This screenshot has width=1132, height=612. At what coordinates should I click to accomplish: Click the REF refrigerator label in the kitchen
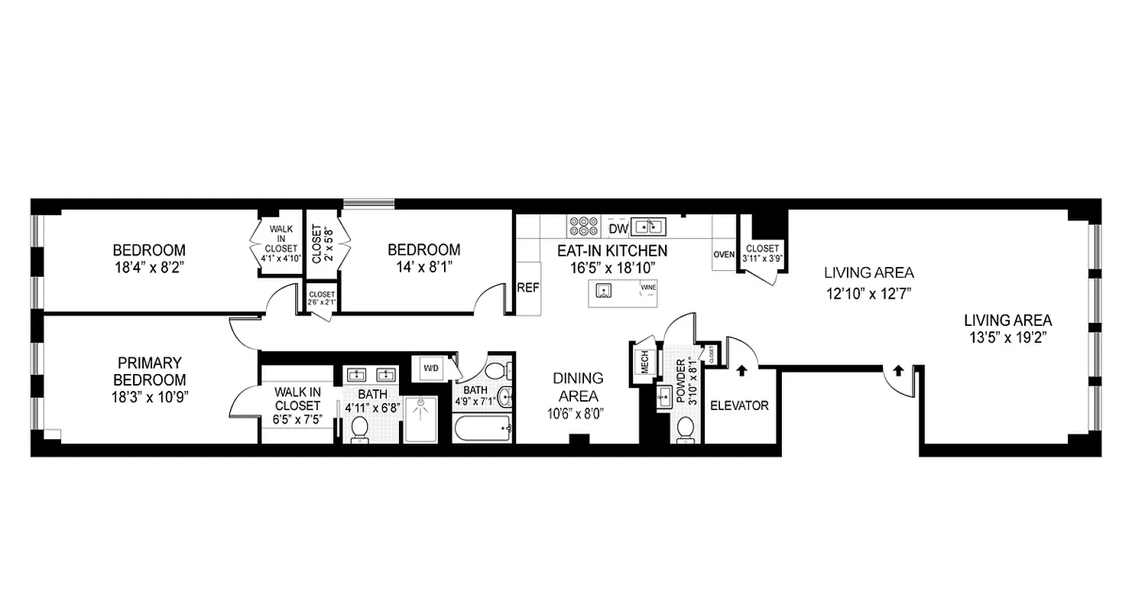pyautogui.click(x=528, y=288)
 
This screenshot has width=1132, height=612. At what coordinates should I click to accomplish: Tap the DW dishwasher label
pyautogui.click(x=618, y=228)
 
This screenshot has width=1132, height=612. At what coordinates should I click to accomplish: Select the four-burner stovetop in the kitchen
pyautogui.click(x=583, y=226)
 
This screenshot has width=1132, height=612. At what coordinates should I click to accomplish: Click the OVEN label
pyautogui.click(x=724, y=255)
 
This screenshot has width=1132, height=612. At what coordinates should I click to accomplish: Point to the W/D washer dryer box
pyautogui.click(x=432, y=369)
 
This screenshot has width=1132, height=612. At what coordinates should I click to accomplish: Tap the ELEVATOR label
pyautogui.click(x=739, y=405)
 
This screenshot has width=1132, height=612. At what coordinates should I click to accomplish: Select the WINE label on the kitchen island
pyautogui.click(x=648, y=288)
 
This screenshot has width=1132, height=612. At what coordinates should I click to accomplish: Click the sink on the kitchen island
pyautogui.click(x=604, y=290)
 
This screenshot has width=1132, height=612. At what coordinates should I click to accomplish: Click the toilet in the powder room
pyautogui.click(x=686, y=428)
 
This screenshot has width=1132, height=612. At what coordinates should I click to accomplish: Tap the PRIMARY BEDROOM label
pyautogui.click(x=149, y=371)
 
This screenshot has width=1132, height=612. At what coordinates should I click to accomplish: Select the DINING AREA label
pyautogui.click(x=578, y=387)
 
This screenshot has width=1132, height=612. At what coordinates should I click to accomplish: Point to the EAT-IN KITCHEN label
pyautogui.click(x=611, y=251)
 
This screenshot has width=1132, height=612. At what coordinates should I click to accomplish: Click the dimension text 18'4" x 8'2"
pyautogui.click(x=149, y=268)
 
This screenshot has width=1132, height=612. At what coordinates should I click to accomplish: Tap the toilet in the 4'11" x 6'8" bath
pyautogui.click(x=359, y=430)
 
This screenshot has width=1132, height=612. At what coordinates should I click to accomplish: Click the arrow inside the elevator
pyautogui.click(x=741, y=371)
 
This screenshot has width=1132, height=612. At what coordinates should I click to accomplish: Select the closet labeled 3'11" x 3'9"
pyautogui.click(x=761, y=253)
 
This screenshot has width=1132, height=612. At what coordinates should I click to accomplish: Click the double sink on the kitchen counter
pyautogui.click(x=649, y=226)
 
